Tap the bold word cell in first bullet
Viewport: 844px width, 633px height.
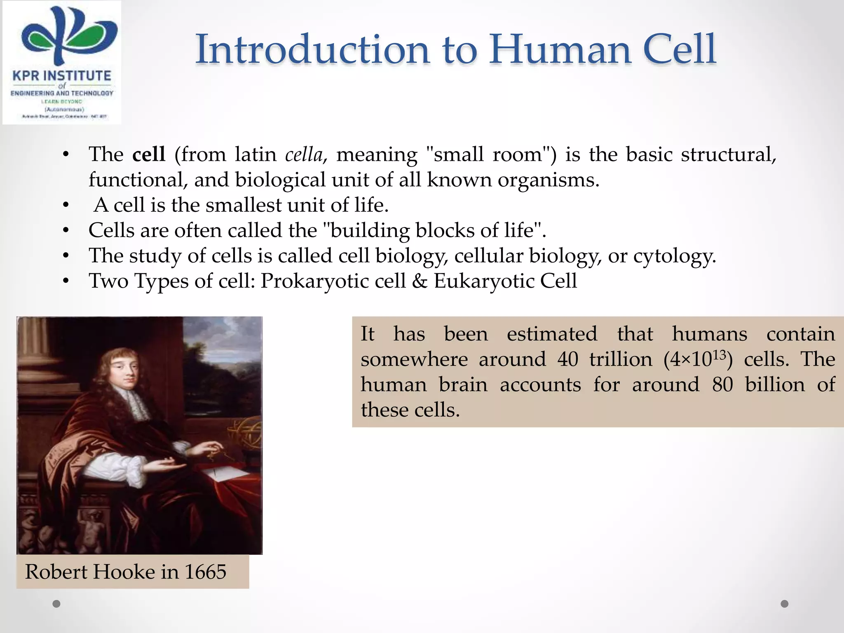pos(149,155)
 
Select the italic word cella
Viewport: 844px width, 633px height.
pos(304,155)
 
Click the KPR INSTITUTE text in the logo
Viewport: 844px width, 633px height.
pos(62,76)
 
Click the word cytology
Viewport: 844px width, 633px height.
pos(674,256)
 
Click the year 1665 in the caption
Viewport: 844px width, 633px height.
pos(205,572)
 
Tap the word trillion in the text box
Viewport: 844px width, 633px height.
pos(621,359)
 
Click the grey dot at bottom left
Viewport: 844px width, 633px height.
pos(57,604)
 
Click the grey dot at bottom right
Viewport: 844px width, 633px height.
pos(785,604)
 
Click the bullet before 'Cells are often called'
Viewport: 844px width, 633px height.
pos(66,231)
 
